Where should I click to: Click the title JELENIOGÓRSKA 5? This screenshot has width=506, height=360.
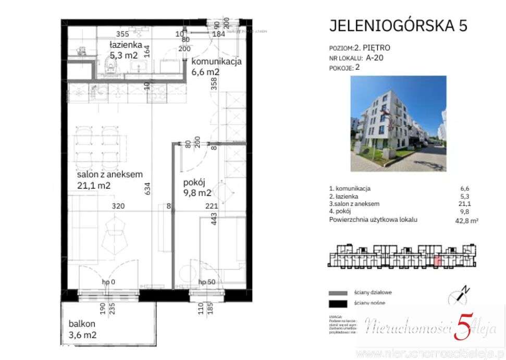pos(398,26)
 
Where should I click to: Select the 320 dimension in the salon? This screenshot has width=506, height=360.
pos(118,206)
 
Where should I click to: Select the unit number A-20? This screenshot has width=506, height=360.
pos(375,58)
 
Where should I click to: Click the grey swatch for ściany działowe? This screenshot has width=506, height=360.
pos(338,293)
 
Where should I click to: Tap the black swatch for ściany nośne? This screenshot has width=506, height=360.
pos(338,304)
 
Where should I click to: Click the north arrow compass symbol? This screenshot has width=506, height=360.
pos(459,295)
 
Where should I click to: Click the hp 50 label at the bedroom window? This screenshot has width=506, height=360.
pos(207,282)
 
